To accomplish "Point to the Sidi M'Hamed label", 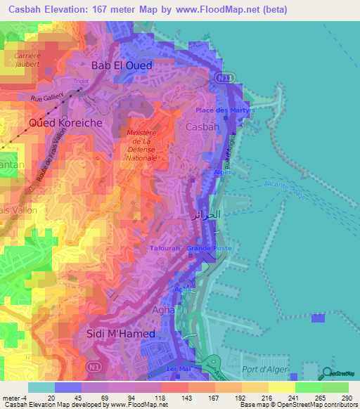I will click(x=120, y=334).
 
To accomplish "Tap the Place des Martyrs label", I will click(x=223, y=110).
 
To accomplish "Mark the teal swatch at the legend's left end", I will click(x=41, y=387).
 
